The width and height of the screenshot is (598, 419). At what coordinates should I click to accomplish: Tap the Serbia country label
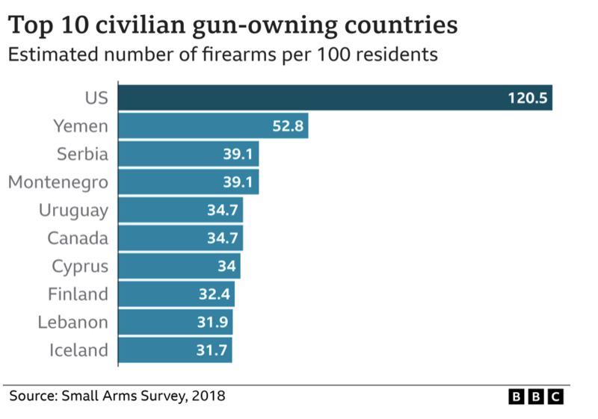tap(82, 154)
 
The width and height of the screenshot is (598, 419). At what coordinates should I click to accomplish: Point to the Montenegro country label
tap(58, 182)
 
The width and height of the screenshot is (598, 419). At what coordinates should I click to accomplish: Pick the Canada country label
tap(78, 238)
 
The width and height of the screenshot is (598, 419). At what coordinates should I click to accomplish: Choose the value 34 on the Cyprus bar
tap(226, 267)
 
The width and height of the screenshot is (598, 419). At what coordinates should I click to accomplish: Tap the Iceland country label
tap(78, 350)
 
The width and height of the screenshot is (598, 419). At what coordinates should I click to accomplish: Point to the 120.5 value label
tap(528, 98)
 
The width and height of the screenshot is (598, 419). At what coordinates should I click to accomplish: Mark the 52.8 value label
tap(288, 126)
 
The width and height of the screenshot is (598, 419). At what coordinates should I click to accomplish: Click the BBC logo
tap(536, 397)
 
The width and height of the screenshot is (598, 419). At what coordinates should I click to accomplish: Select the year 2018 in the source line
tap(209, 394)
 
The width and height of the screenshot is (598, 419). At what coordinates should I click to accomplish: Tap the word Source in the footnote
tap(32, 394)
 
